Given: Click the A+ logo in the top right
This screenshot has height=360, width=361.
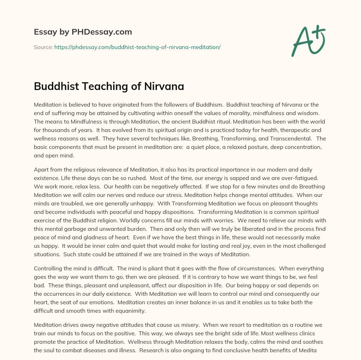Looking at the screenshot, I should (308, 41).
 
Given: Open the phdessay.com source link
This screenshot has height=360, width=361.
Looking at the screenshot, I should (137, 47).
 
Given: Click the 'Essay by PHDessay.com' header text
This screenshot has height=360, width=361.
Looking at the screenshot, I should (83, 32).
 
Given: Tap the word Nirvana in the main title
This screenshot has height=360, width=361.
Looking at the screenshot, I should (164, 86).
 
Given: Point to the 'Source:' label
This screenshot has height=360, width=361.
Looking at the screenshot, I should (43, 47).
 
